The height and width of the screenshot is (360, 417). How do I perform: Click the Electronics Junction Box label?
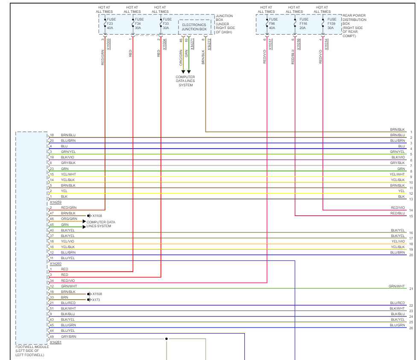pyautogui.click(x=194, y=27)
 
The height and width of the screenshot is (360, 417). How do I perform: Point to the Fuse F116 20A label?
pyautogui.click(x=304, y=23)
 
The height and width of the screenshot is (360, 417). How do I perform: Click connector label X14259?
pyautogui.click(x=56, y=202)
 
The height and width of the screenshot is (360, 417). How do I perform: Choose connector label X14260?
pyautogui.click(x=56, y=263)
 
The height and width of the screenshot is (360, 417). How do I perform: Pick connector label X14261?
pyautogui.click(x=56, y=342)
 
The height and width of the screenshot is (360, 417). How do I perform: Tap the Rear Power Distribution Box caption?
pyautogui.click(x=354, y=26)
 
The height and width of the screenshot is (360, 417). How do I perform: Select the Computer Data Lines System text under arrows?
pyautogui.click(x=185, y=81)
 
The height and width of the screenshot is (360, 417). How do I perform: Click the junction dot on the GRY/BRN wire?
pyautogui.click(x=166, y=339)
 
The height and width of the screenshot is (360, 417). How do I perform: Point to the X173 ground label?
pyautogui.click(x=96, y=300)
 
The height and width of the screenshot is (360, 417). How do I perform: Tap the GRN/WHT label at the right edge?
pyautogui.click(x=396, y=286)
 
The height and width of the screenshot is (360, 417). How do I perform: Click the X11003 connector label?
pyautogui.click(x=109, y=44)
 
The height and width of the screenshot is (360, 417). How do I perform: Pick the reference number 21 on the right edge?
pyautogui.click(x=411, y=289)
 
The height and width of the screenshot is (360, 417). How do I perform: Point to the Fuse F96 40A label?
pyautogui.click(x=273, y=23)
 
